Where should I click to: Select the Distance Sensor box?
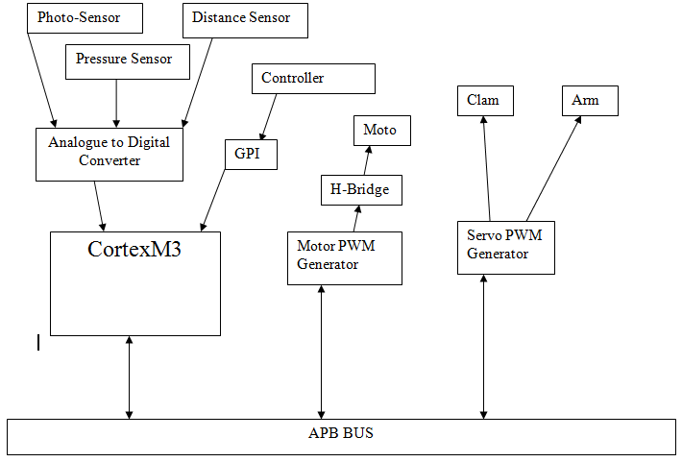[245, 19]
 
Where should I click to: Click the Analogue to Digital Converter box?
[109, 152]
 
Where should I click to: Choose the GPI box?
[252, 154]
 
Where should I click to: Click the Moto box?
[379, 131]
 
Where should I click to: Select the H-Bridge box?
[360, 190]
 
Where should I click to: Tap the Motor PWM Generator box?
[344, 256]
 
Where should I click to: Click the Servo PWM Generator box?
[505, 246]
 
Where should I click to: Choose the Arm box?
[589, 100]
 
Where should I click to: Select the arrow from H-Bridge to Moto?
[368, 160]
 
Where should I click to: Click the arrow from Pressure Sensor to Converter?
[116, 102]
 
